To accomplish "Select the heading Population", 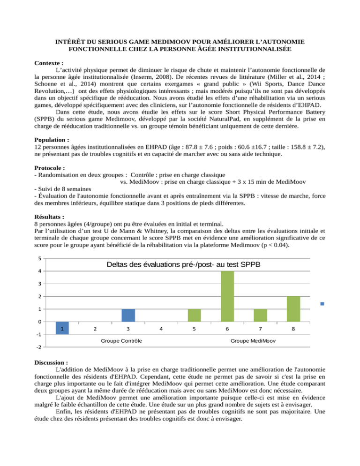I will click(52, 139).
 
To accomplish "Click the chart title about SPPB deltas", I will click(183, 265).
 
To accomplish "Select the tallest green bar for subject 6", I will click(227, 296).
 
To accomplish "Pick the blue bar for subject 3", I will click(128, 316).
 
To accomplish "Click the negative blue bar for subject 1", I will click(62, 328).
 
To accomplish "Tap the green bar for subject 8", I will click(293, 309).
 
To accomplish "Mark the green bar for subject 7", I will click(260, 316).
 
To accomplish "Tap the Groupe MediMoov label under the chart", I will click(253, 340).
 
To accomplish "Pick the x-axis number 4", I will click(161, 330).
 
